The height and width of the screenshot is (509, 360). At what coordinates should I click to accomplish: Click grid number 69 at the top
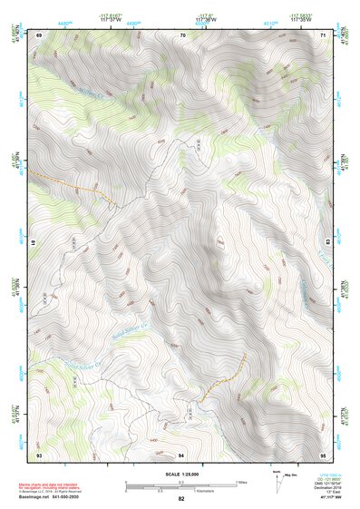tap(39, 34)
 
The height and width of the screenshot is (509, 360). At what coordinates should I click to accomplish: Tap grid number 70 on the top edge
tap(183, 34)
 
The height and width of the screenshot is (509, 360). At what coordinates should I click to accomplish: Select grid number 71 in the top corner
tap(323, 34)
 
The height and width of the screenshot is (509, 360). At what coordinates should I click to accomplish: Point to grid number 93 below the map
tap(39, 454)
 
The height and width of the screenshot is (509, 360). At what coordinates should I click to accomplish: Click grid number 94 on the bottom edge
tap(180, 454)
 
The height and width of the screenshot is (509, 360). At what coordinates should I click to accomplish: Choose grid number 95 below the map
tap(323, 454)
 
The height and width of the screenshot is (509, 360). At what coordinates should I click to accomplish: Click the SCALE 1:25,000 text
tap(180, 474)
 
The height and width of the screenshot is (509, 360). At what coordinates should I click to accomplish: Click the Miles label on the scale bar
tap(241, 482)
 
